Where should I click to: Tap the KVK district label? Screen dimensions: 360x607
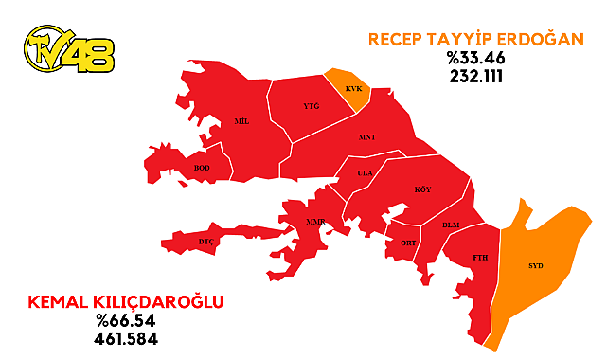pyautogui.click(x=353, y=88)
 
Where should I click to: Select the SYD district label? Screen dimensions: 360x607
pyautogui.click(x=536, y=265)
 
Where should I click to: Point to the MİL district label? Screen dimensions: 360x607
pyautogui.click(x=241, y=123)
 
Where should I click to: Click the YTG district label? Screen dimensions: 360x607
pyautogui.click(x=312, y=107)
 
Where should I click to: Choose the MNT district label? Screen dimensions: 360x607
pyautogui.click(x=367, y=137)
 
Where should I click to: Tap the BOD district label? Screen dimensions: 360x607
pyautogui.click(x=202, y=168)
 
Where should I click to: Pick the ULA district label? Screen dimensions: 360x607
pyautogui.click(x=365, y=173)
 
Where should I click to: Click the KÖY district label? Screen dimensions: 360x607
pyautogui.click(x=422, y=189)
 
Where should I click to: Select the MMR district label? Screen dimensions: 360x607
pyautogui.click(x=315, y=222)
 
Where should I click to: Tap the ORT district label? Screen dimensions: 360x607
pyautogui.click(x=408, y=243)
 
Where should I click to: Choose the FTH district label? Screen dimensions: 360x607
pyautogui.click(x=480, y=258)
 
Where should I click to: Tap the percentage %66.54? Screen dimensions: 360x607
pyautogui.click(x=118, y=321)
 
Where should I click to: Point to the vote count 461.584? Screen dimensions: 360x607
pyautogui.click(x=118, y=338)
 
